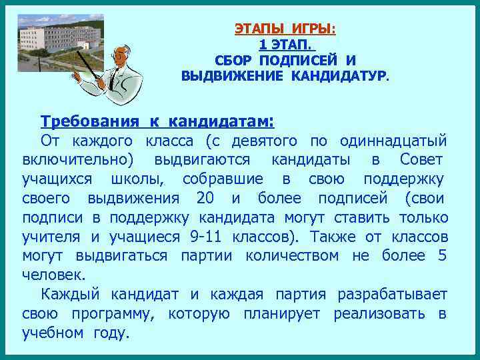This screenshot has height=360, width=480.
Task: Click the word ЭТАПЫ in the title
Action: click(x=257, y=29)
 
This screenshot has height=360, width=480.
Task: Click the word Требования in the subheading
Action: click(x=89, y=121)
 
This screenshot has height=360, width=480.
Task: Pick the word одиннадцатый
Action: click(x=393, y=141)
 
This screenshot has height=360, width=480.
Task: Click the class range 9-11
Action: click(x=206, y=237)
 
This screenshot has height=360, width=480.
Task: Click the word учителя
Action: click(x=51, y=237)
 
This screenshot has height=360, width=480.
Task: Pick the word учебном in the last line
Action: click(x=49, y=333)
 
